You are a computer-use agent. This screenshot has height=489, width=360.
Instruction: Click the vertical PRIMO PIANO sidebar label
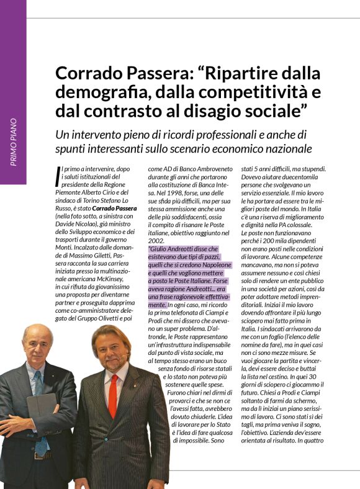14,142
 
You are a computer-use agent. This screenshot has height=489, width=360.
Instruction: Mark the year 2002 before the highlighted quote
156,240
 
